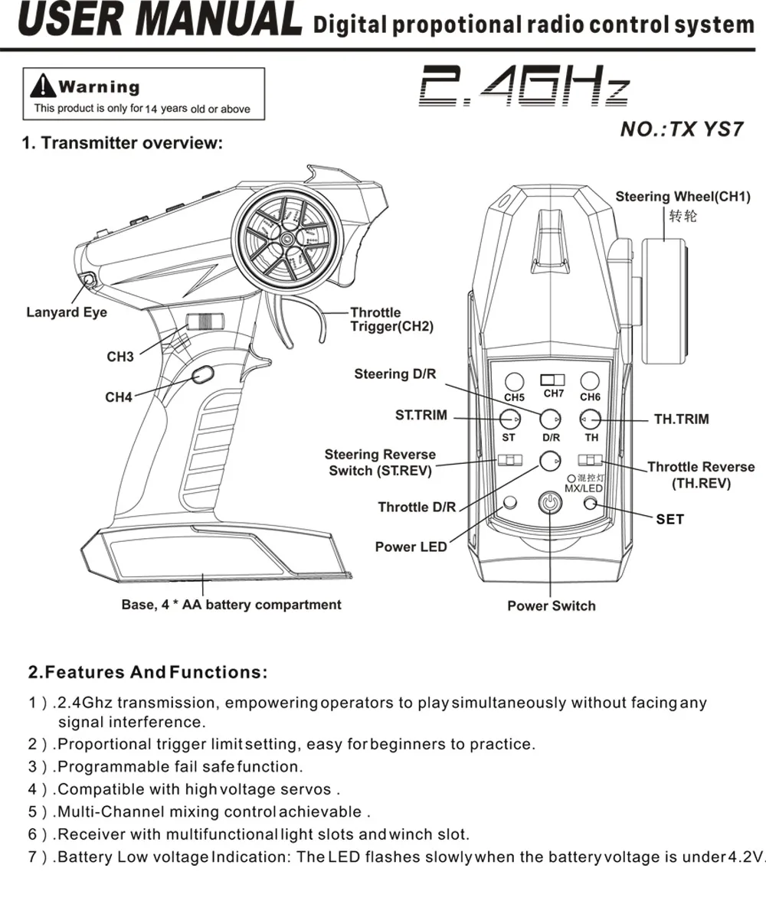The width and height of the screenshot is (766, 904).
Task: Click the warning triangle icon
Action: [43, 86]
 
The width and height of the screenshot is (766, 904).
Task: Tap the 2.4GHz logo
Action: [524, 85]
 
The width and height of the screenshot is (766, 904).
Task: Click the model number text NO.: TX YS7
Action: [682, 129]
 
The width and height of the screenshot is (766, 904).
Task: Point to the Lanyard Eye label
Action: [67, 312]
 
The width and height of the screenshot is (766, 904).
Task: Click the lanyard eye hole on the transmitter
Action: [89, 280]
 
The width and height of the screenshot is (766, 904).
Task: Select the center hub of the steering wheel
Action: [286, 237]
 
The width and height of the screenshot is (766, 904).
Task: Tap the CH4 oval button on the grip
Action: [202, 375]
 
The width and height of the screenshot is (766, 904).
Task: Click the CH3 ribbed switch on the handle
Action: [205, 321]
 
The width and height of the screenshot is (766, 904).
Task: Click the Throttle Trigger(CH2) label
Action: [391, 319]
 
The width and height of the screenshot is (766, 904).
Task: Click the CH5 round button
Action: [514, 381]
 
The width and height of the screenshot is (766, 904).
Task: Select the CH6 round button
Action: [590, 380]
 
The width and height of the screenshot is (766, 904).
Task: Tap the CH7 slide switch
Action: [552, 380]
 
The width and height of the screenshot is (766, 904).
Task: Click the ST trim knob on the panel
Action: [509, 419]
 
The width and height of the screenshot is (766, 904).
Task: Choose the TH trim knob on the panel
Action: [590, 419]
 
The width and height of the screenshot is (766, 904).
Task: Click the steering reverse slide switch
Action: [510, 460]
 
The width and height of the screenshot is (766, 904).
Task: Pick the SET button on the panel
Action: [590, 504]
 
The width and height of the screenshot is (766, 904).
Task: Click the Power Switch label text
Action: [552, 606]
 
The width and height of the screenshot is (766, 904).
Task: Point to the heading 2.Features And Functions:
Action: [148, 672]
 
